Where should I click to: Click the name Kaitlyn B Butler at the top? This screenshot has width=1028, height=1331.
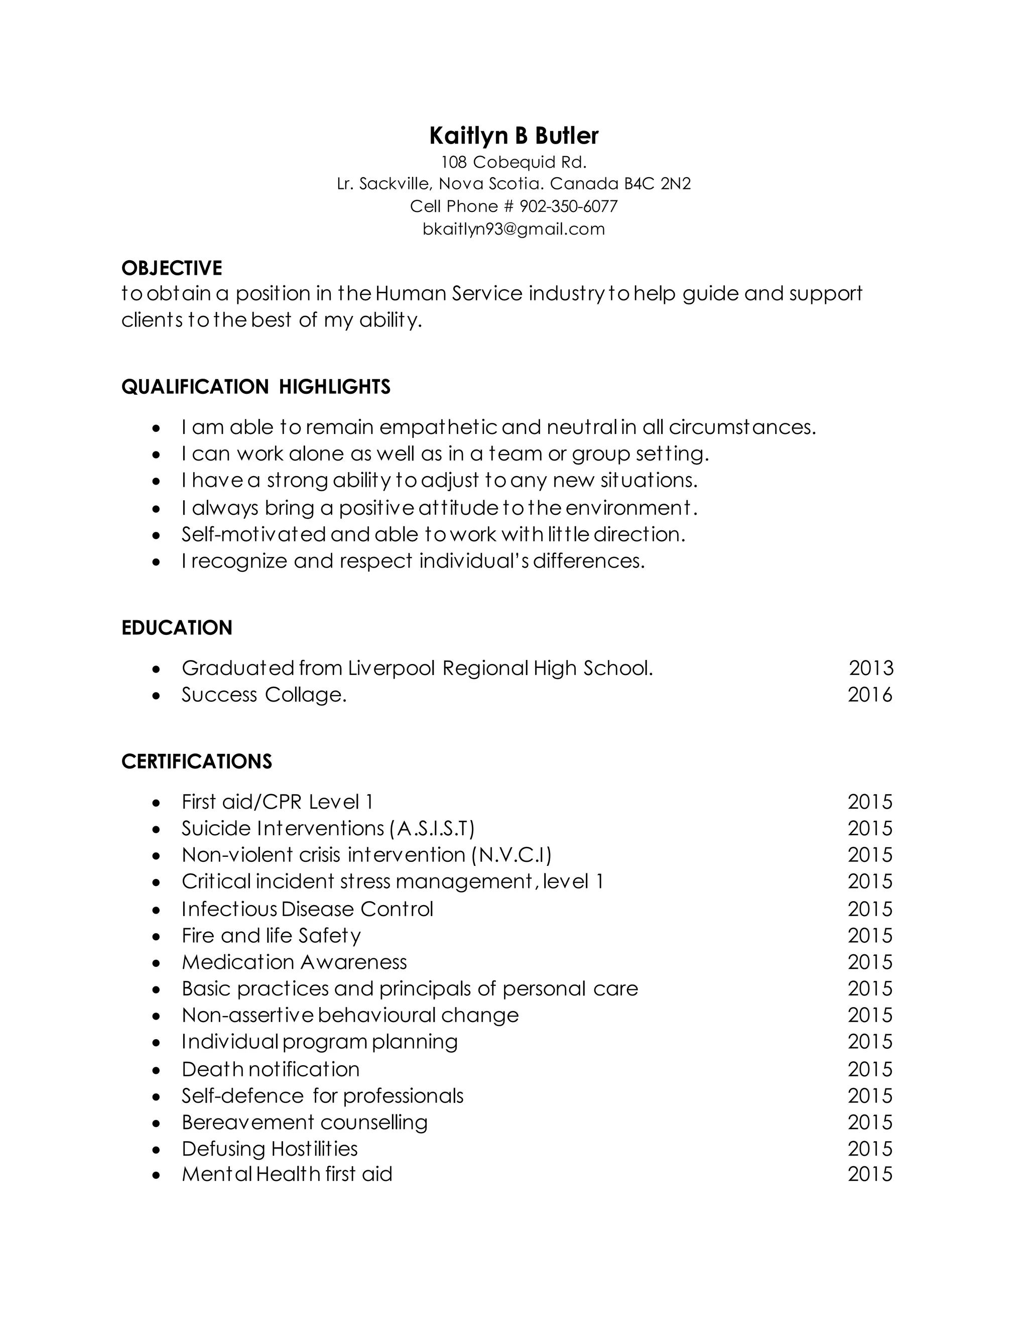tap(513, 136)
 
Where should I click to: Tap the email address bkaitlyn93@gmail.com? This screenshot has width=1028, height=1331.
tap(513, 229)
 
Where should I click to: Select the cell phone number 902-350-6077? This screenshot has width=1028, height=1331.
tap(568, 206)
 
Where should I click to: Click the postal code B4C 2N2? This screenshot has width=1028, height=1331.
tap(657, 184)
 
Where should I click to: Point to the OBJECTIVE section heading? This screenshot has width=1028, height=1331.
tap(172, 268)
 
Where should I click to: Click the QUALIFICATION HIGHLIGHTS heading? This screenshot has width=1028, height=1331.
tap(256, 387)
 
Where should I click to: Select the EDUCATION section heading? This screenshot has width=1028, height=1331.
tap(177, 628)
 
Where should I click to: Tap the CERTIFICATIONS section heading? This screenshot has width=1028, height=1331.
tap(196, 762)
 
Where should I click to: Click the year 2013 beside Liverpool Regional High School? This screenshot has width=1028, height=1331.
tap(871, 669)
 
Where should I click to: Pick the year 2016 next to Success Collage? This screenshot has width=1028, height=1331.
tap(870, 695)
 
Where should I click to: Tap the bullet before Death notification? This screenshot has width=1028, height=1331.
tap(157, 1071)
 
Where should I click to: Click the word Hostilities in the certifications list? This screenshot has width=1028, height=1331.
tap(314, 1149)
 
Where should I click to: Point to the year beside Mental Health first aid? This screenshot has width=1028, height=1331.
tap(870, 1174)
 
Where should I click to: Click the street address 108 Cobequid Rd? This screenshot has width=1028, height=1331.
tap(513, 162)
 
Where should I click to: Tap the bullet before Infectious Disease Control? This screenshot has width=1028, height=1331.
tap(157, 911)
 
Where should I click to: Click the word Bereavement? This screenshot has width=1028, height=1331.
tap(247, 1123)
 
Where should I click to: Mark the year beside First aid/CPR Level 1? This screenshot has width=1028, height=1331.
tap(870, 802)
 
